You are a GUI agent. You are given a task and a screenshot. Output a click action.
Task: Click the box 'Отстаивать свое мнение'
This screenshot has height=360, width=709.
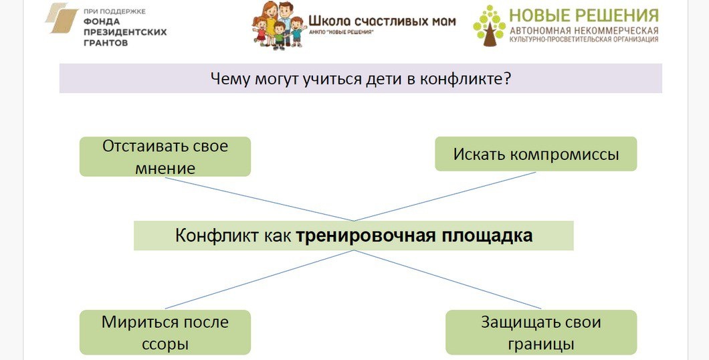point(165,157)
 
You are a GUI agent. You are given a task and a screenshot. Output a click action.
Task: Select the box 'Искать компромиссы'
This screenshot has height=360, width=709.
point(536,154)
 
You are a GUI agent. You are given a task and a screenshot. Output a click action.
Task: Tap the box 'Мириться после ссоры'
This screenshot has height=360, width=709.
point(165,332)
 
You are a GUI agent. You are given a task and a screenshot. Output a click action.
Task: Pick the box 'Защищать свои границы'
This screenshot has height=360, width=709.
point(540,332)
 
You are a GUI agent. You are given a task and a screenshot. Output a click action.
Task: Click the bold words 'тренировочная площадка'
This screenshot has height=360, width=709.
point(414,236)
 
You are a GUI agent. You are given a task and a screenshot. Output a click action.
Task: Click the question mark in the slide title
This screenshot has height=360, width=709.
point(508,79)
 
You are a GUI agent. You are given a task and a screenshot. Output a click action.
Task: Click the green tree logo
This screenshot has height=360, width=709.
point(489,25)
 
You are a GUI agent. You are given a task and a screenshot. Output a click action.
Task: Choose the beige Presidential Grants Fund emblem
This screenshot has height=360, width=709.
point(62,18)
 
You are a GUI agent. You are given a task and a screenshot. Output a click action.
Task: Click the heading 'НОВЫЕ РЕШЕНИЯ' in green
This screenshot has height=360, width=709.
point(583,15)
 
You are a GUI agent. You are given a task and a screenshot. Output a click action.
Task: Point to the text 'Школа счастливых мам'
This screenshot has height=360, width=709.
point(382,20)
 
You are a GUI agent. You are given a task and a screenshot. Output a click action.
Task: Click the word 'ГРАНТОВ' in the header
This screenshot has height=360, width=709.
point(106,42)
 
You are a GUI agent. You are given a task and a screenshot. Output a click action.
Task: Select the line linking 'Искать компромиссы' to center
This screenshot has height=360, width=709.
point(445,196)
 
